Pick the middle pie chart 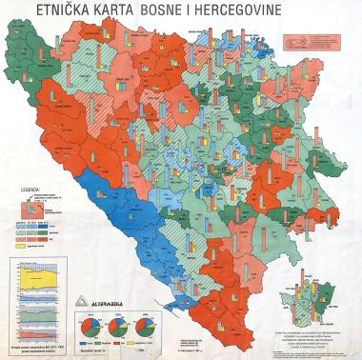121,328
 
